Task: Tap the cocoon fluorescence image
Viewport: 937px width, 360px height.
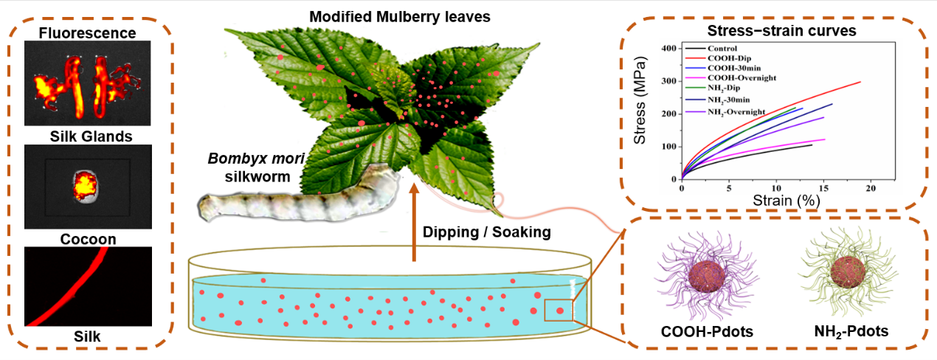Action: [x=87, y=185]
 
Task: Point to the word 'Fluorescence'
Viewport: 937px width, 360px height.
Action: [x=87, y=32]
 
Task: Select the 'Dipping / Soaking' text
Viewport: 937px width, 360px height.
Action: [x=486, y=232]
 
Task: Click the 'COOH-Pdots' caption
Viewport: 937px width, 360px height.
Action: [x=706, y=331]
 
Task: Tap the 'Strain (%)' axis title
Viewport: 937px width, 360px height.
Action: [x=776, y=200]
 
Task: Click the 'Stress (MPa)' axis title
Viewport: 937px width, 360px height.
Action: [x=640, y=114]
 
